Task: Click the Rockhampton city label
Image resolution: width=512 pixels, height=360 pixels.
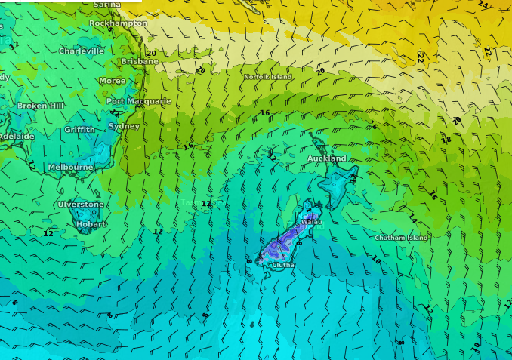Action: [x=118, y=23]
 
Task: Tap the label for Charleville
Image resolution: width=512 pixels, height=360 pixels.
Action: [x=82, y=51]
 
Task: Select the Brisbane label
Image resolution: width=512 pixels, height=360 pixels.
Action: [x=140, y=61]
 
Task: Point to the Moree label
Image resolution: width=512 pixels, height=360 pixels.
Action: [x=113, y=81]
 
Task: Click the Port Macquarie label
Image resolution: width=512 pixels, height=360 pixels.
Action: [x=138, y=101]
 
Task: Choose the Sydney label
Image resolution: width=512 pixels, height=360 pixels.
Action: [x=124, y=126]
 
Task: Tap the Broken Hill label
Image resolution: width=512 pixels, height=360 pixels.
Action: [x=40, y=106]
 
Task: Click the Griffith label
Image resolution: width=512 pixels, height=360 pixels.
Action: [x=79, y=130]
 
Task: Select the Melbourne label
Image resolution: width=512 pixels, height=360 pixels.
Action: [x=70, y=167]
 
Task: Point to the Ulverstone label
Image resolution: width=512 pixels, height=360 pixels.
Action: [x=81, y=205]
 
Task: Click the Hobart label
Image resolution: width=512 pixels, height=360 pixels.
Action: [x=91, y=224]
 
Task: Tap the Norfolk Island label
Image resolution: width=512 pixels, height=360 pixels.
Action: [x=267, y=77]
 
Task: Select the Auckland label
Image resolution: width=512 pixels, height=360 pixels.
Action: [x=326, y=158]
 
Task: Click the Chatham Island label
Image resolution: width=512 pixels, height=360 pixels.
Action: [x=401, y=238]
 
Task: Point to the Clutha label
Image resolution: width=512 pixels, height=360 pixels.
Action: [x=283, y=265]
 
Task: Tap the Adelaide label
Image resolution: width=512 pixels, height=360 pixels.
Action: [x=17, y=137]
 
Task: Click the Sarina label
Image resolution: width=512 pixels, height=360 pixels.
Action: [x=106, y=5]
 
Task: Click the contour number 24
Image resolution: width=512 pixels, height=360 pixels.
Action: [x=483, y=5]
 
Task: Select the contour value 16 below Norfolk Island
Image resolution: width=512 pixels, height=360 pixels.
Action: [x=264, y=113]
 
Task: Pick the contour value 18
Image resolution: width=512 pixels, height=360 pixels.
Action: [x=446, y=140]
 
